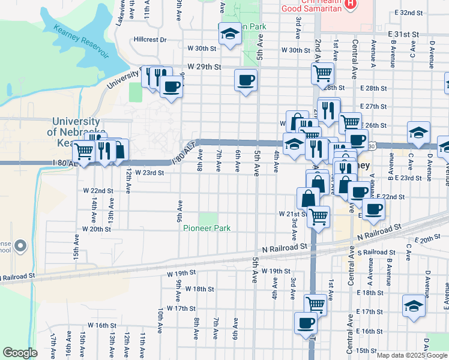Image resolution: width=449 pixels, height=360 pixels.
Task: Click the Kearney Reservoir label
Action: (80, 40)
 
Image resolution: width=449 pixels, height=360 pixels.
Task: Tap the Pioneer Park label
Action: (207, 229)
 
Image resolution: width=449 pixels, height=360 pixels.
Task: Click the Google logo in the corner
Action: (20, 352)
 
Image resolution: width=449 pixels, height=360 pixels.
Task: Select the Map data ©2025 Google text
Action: (412, 355)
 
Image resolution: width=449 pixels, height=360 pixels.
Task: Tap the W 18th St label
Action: (200, 289)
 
